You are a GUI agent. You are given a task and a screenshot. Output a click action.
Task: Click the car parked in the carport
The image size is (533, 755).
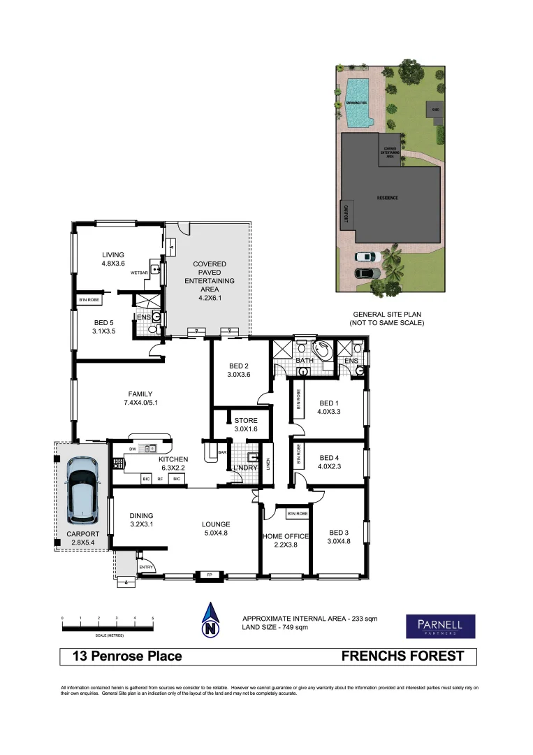82,491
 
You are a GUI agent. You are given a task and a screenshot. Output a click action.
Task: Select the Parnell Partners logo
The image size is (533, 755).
440,626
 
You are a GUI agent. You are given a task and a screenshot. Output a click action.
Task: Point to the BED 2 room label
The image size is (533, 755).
239,370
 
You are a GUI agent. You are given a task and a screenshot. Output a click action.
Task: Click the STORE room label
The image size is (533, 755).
246,424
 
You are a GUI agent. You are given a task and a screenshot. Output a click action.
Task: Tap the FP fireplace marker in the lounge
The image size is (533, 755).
209,575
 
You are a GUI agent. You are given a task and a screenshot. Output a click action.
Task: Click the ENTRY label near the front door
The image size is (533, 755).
145,567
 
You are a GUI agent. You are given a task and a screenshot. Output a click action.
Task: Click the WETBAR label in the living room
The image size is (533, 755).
137,273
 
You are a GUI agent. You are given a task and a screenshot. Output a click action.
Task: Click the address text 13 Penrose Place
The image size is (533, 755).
127,656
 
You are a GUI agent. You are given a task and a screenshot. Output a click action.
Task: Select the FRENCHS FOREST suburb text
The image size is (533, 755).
402,656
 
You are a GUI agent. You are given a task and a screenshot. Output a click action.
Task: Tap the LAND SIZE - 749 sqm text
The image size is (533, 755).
275,628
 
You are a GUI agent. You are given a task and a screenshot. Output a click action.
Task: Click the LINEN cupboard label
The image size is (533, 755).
268,463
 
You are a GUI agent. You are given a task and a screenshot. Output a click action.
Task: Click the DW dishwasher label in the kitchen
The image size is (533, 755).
132,450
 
